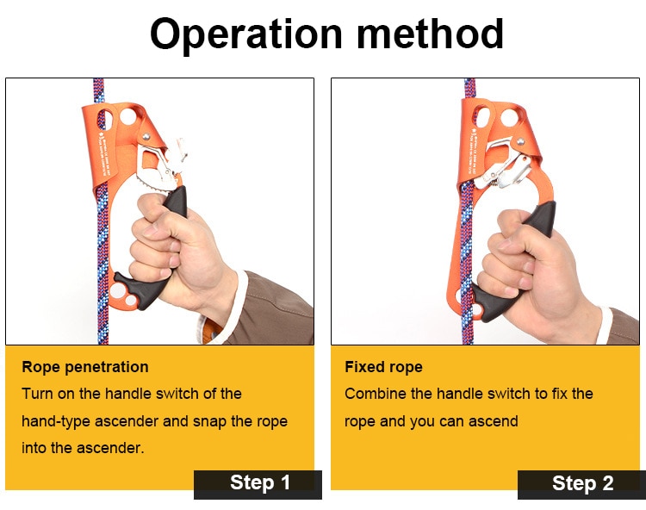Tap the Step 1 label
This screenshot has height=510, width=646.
point(259,483)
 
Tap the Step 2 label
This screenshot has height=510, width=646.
point(582,483)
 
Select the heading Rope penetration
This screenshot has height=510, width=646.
point(85,367)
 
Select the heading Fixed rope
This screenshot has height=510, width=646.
point(383,367)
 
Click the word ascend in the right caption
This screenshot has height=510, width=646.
point(494,420)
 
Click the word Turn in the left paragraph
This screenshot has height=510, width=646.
point(39,394)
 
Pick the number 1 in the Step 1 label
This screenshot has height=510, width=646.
point(284,483)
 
